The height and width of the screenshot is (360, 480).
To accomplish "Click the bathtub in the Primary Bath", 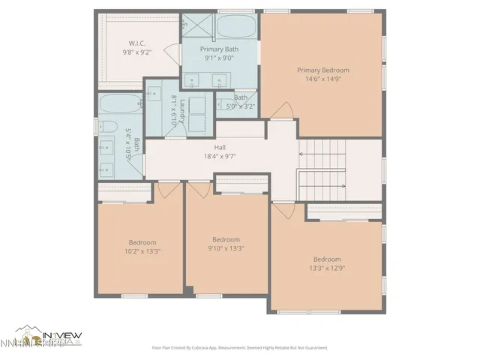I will pos(237,28).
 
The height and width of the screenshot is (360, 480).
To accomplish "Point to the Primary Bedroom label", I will pos(322,70).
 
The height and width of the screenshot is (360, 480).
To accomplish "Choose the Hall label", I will pos(220,148).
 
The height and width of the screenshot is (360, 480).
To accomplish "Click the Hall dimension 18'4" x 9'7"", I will pos(220,156).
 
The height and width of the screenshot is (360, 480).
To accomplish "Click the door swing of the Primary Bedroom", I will pos(282,111).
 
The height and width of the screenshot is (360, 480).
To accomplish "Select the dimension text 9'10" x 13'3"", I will pos(226,248).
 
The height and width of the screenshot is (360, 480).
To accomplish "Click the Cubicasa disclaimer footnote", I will pos(240,348).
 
